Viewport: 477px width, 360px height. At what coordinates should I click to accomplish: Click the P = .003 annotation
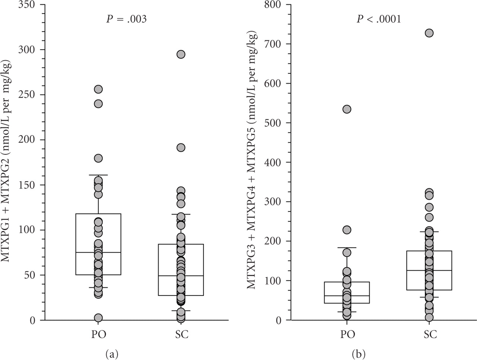[x=126, y=19]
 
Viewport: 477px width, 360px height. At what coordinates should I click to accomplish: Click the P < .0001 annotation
[x=379, y=19]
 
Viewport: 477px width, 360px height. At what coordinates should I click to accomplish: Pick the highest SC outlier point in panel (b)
[x=429, y=33]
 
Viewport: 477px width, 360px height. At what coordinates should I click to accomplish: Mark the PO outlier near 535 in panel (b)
[x=347, y=109]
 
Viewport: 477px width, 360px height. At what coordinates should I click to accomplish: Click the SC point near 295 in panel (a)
[x=181, y=54]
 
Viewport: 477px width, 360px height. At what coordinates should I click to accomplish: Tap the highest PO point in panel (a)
[x=98, y=89]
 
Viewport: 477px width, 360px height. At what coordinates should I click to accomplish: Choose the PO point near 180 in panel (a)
[x=98, y=158]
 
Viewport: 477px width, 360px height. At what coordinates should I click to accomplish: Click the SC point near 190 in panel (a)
[x=181, y=148]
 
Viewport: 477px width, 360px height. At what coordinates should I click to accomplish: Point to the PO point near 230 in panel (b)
[x=347, y=230]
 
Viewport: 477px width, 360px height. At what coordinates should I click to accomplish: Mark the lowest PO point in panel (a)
[x=98, y=318]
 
